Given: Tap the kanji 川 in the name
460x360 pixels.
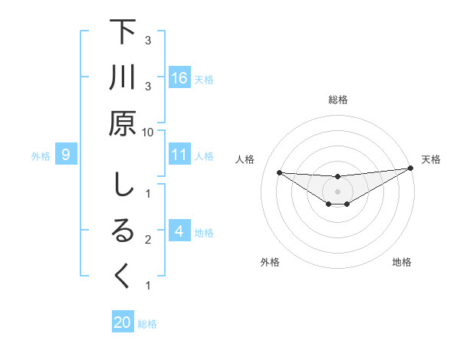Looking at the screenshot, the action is (x=123, y=78).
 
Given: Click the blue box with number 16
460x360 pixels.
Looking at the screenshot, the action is (x=179, y=78).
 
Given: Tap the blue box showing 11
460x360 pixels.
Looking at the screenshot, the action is (x=179, y=155).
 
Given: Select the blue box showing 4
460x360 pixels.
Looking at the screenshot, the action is (x=179, y=232).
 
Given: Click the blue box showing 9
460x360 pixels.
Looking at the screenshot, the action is (x=66, y=155).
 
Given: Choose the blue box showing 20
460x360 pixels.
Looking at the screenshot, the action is (x=123, y=322).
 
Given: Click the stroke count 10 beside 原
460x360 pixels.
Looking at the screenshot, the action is (x=147, y=132).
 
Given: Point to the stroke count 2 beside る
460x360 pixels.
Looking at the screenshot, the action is (x=147, y=240).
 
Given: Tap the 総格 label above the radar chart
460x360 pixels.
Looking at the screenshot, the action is (x=338, y=100).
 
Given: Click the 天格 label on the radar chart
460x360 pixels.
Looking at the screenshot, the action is (x=431, y=159).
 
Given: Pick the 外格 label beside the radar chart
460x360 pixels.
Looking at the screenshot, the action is (x=270, y=262).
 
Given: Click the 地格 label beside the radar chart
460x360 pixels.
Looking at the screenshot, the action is (x=402, y=262).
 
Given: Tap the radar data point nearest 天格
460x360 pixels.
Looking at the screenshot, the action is (x=410, y=169).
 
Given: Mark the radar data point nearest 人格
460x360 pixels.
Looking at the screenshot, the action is (x=279, y=172).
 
